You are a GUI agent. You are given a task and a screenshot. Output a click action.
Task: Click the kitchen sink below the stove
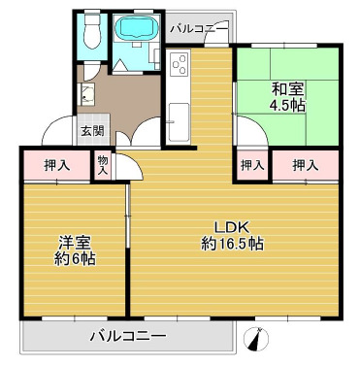[x=179, y=120]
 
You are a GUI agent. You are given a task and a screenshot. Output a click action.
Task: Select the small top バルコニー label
[x=198, y=29]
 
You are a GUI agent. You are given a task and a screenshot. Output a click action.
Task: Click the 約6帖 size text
[x=74, y=259]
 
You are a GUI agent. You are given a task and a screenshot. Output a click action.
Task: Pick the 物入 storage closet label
[x=103, y=166]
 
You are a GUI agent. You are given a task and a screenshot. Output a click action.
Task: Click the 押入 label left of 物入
[x=57, y=165]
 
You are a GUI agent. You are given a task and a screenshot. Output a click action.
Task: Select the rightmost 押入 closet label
[x=308, y=165]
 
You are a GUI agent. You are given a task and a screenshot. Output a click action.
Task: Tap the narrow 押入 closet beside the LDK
[x=252, y=165]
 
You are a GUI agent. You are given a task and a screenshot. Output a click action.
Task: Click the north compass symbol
[x=256, y=340]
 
